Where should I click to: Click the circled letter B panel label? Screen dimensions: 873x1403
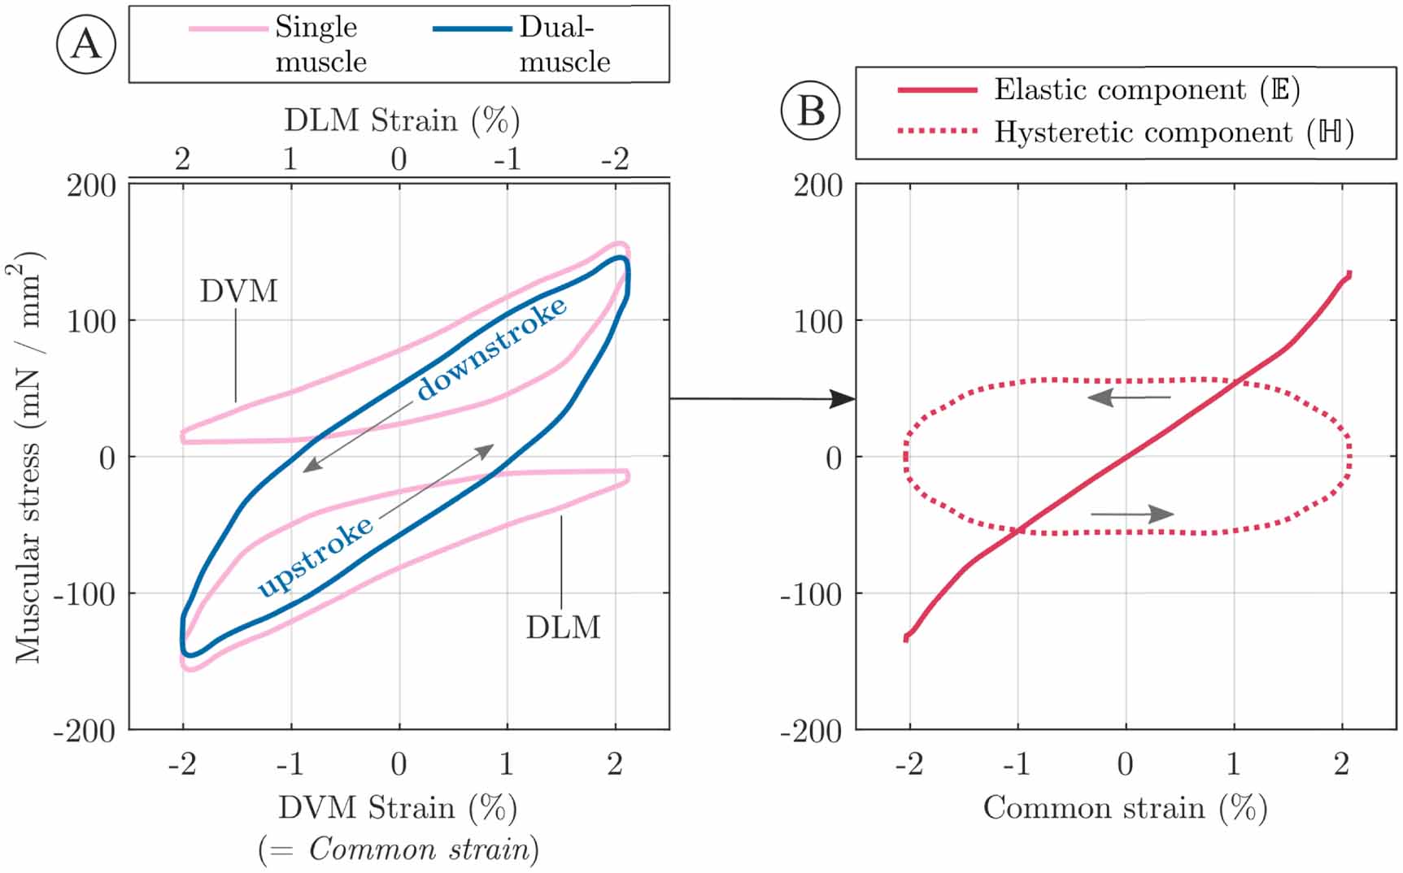(x=810, y=111)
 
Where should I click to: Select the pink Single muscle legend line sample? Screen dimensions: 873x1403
(x=229, y=29)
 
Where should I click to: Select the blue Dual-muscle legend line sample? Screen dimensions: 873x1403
(x=472, y=29)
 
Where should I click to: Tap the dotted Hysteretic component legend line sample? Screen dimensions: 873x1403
(x=937, y=132)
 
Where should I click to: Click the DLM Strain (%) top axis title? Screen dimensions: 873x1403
(x=402, y=120)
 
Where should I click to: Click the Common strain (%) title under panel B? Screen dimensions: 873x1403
(x=1125, y=808)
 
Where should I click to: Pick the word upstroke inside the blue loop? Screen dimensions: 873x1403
(x=316, y=557)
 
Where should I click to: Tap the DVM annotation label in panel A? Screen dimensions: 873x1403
(x=239, y=291)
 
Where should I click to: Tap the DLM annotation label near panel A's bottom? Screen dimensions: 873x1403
(x=563, y=628)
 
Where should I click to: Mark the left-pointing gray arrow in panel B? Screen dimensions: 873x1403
(x=1129, y=397)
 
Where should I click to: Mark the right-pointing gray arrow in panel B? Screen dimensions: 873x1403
(x=1132, y=514)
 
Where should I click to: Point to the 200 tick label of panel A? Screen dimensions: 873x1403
(x=91, y=185)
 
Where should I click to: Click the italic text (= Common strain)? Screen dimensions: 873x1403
(x=399, y=849)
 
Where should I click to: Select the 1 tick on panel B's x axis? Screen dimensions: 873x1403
(x=1233, y=764)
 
